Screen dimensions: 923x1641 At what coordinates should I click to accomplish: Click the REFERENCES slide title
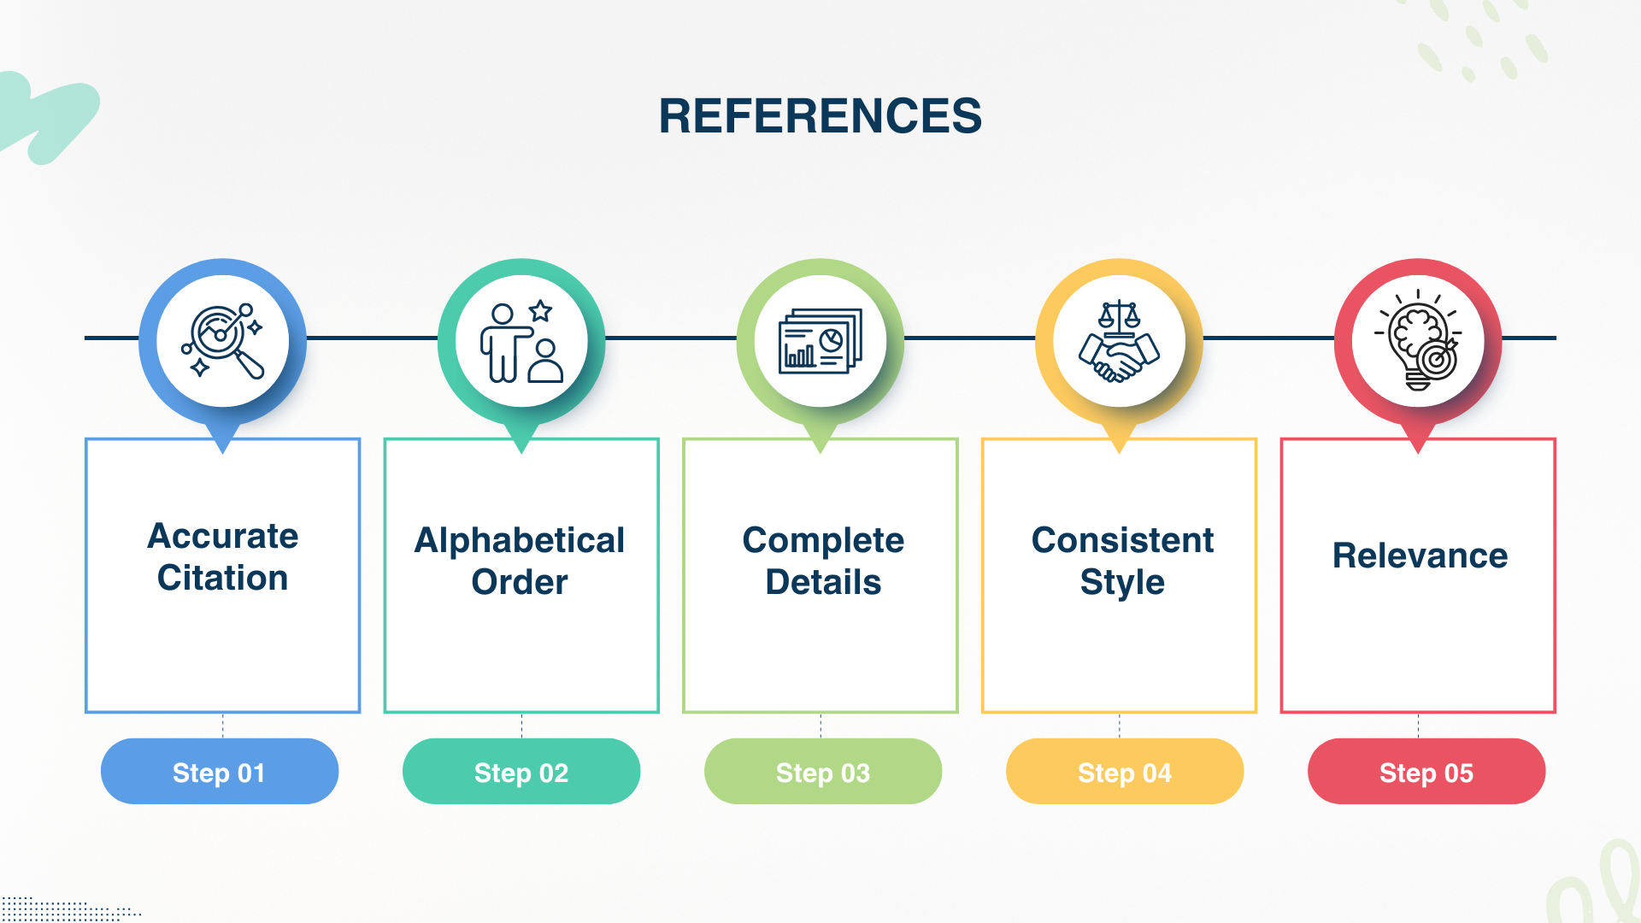(820, 115)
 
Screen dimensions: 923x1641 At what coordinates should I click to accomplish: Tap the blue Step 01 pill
(219, 772)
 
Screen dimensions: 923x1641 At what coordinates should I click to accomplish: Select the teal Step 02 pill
(521, 772)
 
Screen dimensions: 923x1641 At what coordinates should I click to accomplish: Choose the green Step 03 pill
(822, 772)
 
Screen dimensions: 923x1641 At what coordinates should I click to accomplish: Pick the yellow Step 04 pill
(1124, 772)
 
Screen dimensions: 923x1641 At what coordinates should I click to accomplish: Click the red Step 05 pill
(1426, 772)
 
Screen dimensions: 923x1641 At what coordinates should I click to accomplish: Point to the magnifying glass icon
(222, 341)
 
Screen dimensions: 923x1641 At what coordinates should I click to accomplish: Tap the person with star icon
(521, 341)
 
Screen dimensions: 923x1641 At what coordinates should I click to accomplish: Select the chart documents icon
(820, 341)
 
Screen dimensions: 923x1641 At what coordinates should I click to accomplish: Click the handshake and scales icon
(1119, 341)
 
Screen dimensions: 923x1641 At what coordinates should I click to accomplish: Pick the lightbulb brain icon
(1418, 341)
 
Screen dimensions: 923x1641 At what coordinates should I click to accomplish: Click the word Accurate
(222, 536)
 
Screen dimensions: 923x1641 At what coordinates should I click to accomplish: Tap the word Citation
(222, 578)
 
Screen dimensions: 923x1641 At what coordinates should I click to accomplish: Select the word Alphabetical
(520, 540)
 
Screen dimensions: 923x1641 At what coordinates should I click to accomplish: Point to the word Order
(520, 582)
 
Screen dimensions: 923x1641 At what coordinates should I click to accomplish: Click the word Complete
(823, 540)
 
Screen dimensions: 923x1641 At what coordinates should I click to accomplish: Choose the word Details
(823, 582)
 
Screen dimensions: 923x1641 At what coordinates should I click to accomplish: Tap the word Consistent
(1122, 540)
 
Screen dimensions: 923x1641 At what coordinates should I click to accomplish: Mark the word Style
(1122, 582)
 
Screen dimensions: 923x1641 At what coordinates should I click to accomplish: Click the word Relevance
(1420, 556)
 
